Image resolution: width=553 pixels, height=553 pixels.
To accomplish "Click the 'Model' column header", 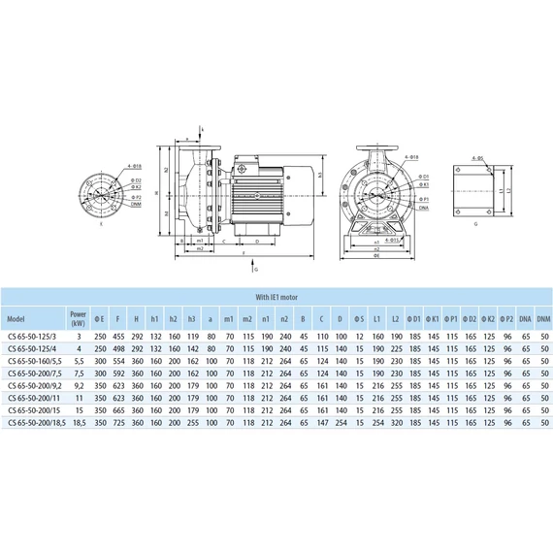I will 16,318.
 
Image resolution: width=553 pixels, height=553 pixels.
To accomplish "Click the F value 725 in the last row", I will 117,422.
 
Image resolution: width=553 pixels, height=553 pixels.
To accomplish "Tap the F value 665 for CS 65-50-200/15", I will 117,409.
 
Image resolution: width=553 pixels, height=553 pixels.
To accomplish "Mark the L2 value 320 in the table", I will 395,422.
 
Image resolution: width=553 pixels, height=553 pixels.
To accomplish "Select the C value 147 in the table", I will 322,422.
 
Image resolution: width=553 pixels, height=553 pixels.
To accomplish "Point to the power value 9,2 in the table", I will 78,384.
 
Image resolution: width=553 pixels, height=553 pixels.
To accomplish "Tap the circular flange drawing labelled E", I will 103,194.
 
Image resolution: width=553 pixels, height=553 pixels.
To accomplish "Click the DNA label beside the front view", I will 425,208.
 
